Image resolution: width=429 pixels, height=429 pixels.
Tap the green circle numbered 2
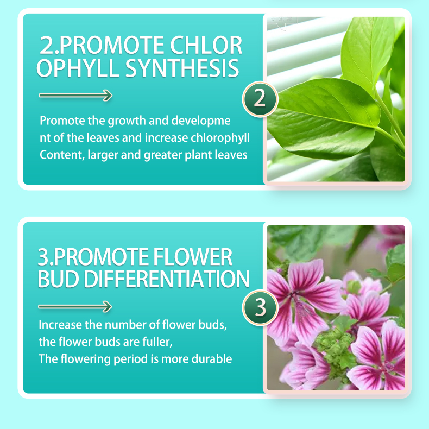260,99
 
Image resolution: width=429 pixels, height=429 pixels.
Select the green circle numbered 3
260,307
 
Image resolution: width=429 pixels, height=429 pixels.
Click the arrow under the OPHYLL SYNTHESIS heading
75,96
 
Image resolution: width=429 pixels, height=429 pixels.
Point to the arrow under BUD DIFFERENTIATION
75,306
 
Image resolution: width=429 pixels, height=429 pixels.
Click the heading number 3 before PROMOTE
44,257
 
